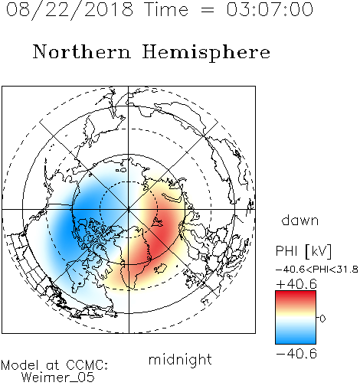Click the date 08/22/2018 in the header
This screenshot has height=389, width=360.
click(x=70, y=10)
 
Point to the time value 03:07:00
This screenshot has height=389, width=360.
click(x=270, y=10)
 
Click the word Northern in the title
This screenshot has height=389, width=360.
click(x=82, y=52)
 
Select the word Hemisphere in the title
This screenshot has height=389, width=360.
click(x=206, y=53)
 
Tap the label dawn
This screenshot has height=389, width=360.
click(x=300, y=220)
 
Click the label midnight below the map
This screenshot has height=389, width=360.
click(x=180, y=360)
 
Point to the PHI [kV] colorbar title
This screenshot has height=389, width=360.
click(x=303, y=251)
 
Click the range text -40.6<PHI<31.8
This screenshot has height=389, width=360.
click(x=317, y=270)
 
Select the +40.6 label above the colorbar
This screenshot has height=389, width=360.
click(x=296, y=284)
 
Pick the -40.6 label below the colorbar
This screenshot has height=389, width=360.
click(x=296, y=354)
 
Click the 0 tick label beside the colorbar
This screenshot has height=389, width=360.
click(x=322, y=319)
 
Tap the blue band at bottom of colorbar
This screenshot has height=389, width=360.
click(x=296, y=338)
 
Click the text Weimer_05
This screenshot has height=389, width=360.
click(x=57, y=377)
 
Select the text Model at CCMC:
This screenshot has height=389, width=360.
click(x=54, y=365)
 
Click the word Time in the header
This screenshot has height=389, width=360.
click(x=166, y=10)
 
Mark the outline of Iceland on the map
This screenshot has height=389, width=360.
click(x=160, y=268)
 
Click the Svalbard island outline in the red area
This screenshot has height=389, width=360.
click(x=157, y=223)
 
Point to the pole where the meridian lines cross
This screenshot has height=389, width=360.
click(x=129, y=209)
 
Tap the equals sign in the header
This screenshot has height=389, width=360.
click(x=208, y=10)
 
